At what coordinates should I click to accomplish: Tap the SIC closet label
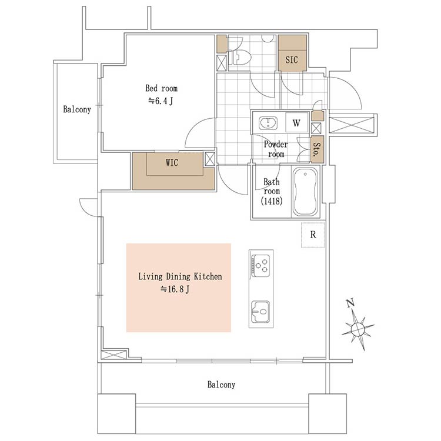[292, 60]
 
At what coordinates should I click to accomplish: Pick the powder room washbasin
[268, 123]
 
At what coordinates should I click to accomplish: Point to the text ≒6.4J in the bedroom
[161, 101]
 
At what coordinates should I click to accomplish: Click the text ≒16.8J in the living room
[175, 289]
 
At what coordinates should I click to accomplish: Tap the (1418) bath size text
[272, 201]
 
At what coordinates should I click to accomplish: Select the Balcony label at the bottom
[221, 385]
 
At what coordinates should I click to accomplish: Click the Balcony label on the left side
[77, 109]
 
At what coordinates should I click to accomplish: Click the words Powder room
[275, 149]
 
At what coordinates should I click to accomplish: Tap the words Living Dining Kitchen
[179, 276]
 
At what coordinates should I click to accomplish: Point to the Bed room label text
[161, 89]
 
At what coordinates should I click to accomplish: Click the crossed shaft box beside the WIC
[210, 158]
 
